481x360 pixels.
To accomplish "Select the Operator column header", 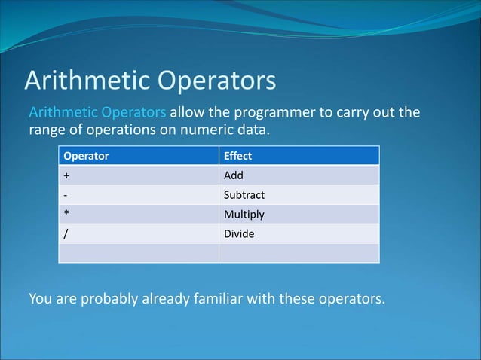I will tap(86, 156).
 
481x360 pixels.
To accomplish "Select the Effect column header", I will tap(237, 156).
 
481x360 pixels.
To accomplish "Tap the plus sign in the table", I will tap(66, 175).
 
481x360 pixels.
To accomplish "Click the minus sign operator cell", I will tap(66, 195).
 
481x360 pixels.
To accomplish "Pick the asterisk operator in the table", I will tap(66, 215).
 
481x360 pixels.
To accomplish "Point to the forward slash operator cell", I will tap(66, 234).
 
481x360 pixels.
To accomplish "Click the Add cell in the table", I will tap(234, 175).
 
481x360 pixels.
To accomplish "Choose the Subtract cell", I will tap(244, 195).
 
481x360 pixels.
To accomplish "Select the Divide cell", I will tap(240, 234).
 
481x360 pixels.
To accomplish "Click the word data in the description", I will tap(252, 130).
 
